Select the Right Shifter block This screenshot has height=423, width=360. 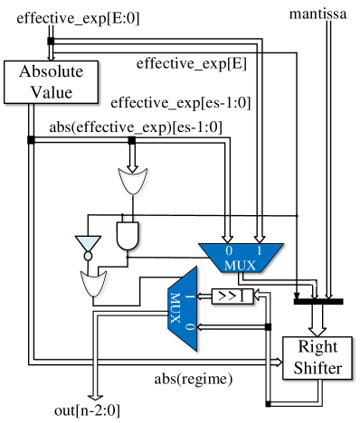coord(317,358)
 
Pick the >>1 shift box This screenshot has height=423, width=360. coord(232,296)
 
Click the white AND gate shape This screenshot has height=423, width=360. coord(128,235)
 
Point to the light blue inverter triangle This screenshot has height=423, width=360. coord(88,244)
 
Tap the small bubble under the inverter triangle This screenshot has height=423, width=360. coord(88,256)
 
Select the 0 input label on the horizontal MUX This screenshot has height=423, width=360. coord(229,250)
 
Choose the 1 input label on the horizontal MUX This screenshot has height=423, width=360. coord(260,250)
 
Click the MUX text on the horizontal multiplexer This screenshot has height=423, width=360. coord(241,264)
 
